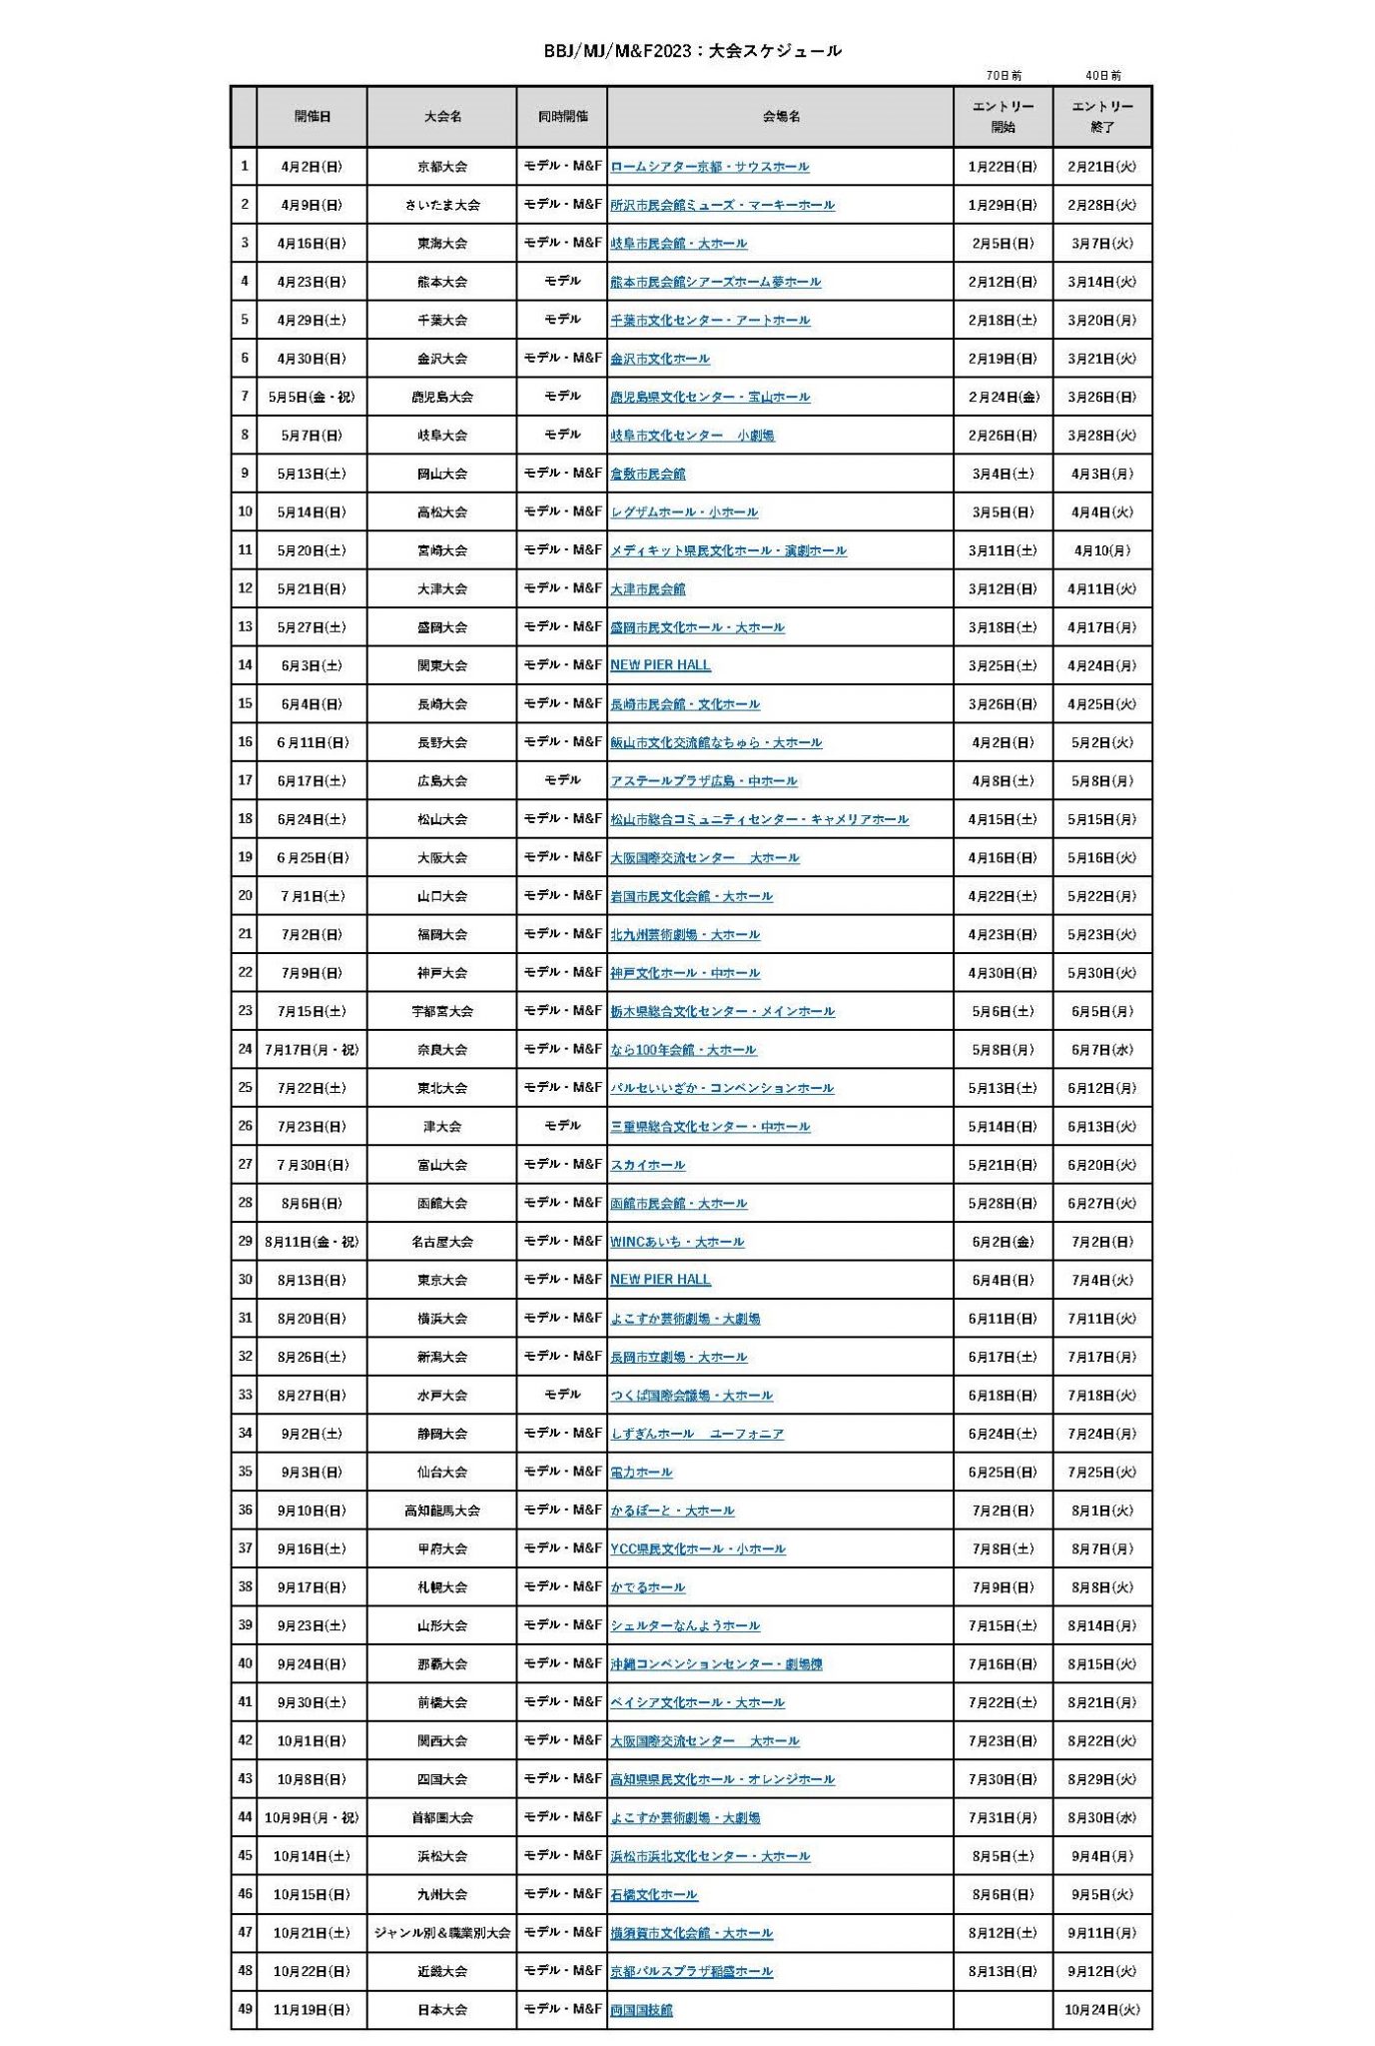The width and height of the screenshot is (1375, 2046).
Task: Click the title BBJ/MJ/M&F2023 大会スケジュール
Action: click(x=686, y=50)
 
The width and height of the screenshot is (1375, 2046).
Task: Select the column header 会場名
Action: click(x=781, y=117)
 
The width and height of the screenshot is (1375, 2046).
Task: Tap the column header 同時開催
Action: click(x=562, y=117)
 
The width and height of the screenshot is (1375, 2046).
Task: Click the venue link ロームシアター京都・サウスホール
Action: click(x=709, y=167)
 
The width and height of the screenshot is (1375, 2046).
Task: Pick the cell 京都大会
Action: click(x=441, y=167)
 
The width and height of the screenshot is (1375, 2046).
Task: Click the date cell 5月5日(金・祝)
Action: click(x=312, y=397)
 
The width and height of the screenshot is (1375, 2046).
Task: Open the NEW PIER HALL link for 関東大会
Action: click(x=660, y=665)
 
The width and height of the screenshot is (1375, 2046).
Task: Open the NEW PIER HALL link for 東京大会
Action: click(x=660, y=1280)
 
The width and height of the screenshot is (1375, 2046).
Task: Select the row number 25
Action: click(x=245, y=1087)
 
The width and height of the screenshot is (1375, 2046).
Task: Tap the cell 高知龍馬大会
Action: click(x=441, y=1511)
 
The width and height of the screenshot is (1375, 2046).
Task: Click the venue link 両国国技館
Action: click(x=641, y=2010)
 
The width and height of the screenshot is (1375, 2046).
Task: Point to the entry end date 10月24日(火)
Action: click(x=1102, y=2010)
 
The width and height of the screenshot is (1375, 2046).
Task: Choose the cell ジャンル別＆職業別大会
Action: click(x=441, y=1933)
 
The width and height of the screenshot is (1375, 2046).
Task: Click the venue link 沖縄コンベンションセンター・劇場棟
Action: click(x=716, y=1664)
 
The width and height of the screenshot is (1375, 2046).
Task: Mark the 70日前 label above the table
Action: click(x=1003, y=75)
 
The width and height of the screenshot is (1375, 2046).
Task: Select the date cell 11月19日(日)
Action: click(x=312, y=2010)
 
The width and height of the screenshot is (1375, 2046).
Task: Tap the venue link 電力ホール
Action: click(x=641, y=1473)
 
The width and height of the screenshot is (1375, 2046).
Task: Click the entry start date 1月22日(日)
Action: click(x=1003, y=167)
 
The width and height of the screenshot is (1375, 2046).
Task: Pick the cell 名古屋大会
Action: click(x=441, y=1242)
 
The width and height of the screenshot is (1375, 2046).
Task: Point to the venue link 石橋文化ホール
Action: click(x=654, y=1895)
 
